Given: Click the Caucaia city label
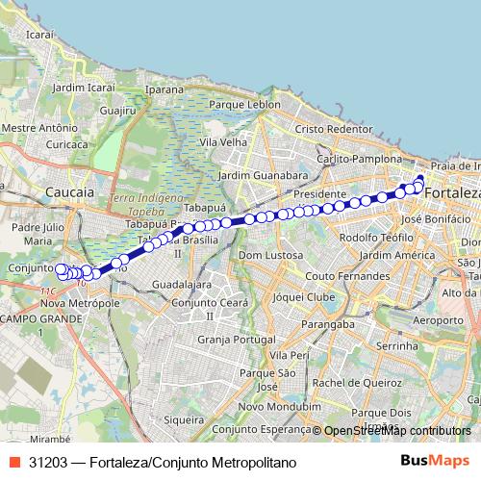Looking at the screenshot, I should (70, 192).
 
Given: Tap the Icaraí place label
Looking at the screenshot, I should (40, 34).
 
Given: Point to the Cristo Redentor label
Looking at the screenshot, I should (334, 129).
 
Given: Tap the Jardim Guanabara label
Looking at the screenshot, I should (263, 176).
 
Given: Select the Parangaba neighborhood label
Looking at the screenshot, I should (322, 325).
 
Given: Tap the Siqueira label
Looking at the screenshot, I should (184, 419).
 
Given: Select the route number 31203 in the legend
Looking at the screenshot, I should (48, 461).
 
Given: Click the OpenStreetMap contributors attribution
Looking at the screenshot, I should (396, 431).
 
